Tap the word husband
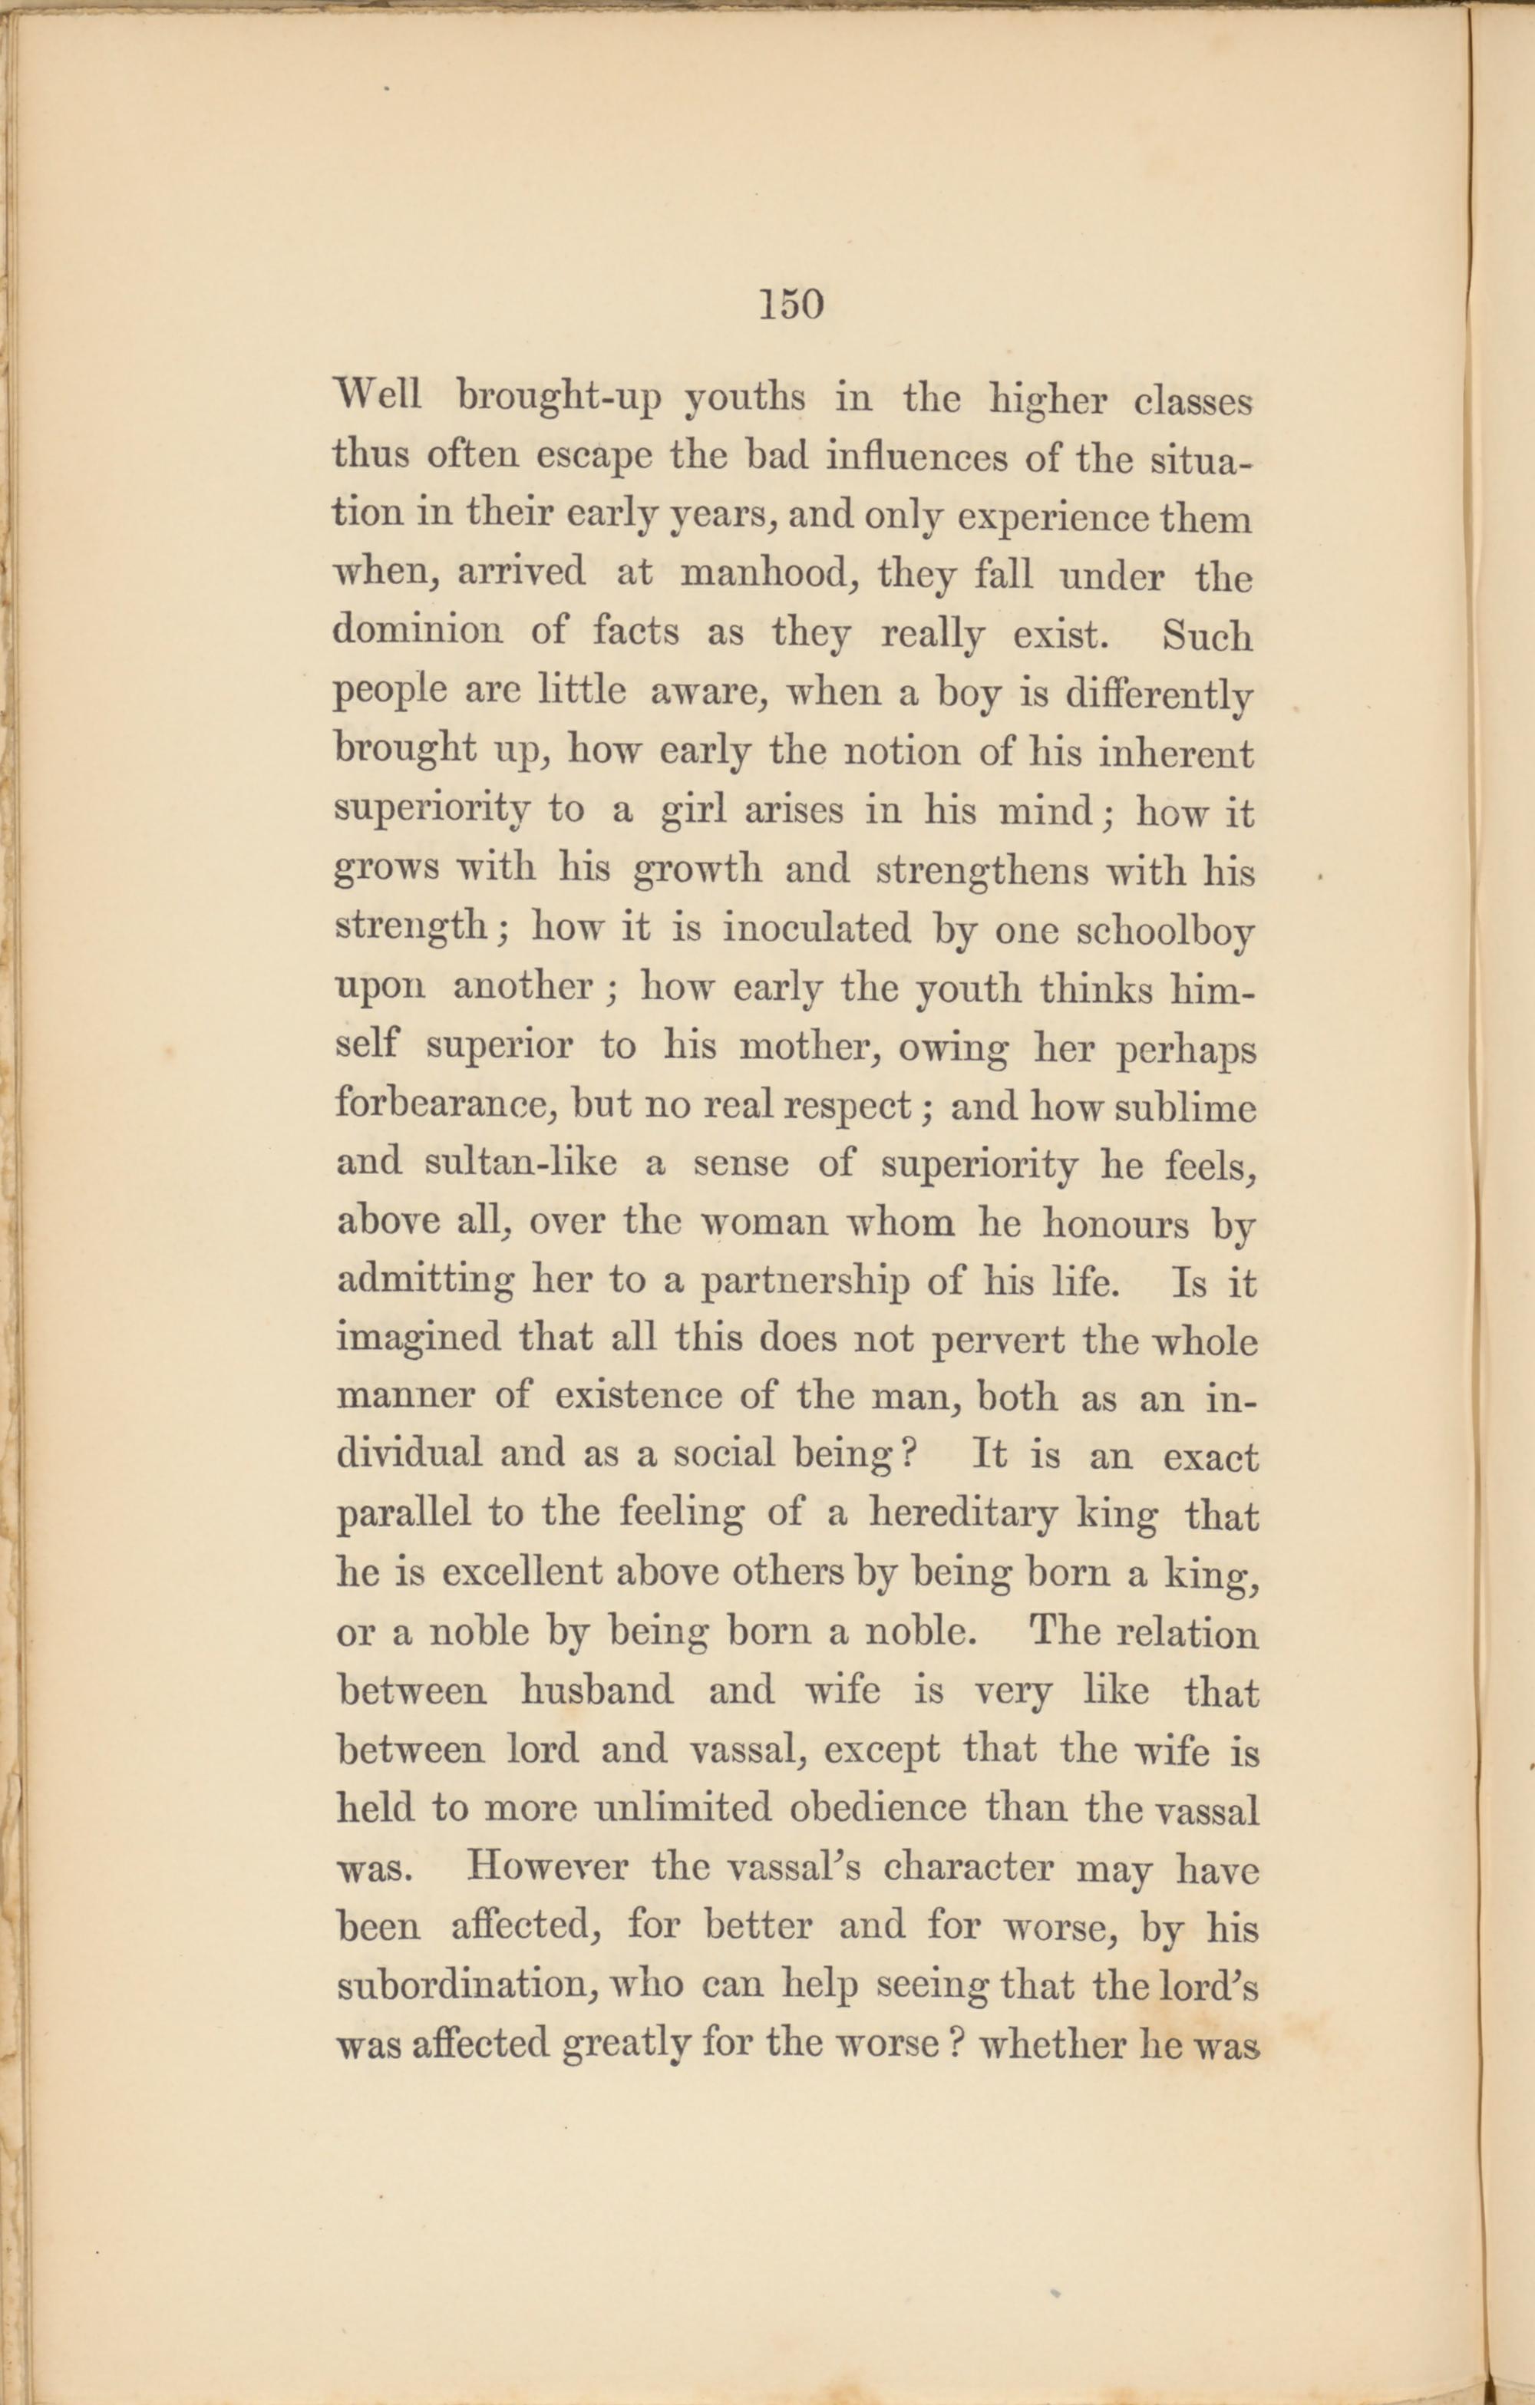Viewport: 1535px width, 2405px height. [596, 1691]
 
